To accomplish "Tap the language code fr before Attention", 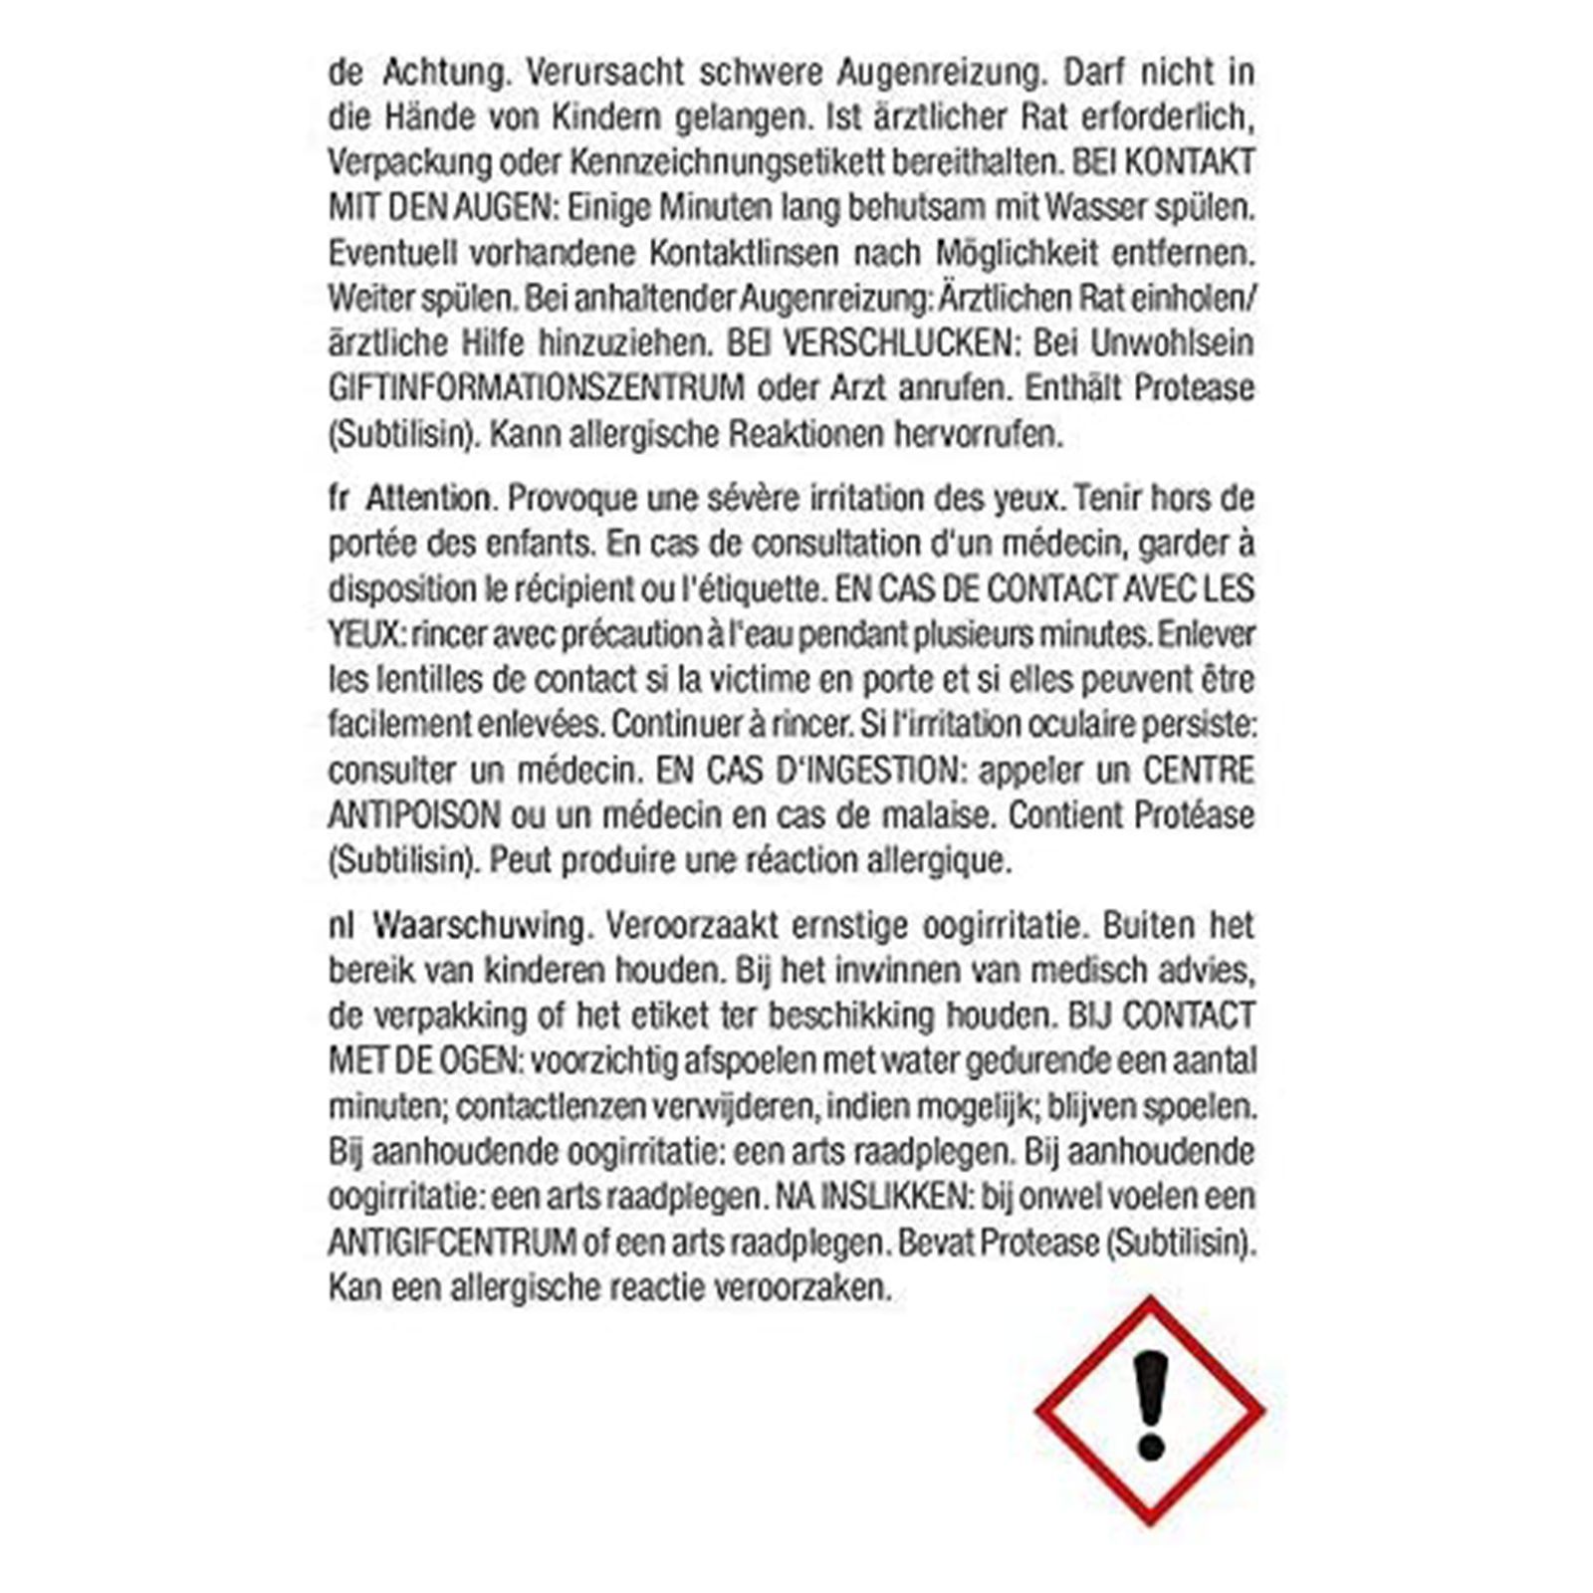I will pyautogui.click(x=339, y=498).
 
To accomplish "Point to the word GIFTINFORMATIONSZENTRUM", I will pyautogui.click(x=537, y=388).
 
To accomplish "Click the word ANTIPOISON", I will pyautogui.click(x=414, y=815).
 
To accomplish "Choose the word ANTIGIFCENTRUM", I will pyautogui.click(x=453, y=1243).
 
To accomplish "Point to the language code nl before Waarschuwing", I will pyautogui.click(x=341, y=926).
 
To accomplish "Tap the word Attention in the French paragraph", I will pyautogui.click(x=429, y=498).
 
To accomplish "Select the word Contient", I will pyautogui.click(x=1064, y=815).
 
